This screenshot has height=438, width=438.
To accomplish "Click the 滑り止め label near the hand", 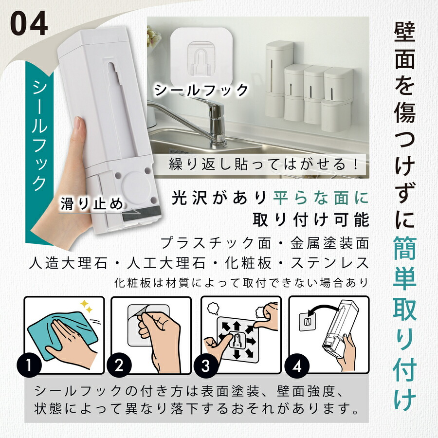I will click(92, 202).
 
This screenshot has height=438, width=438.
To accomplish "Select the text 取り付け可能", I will click(311, 220).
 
